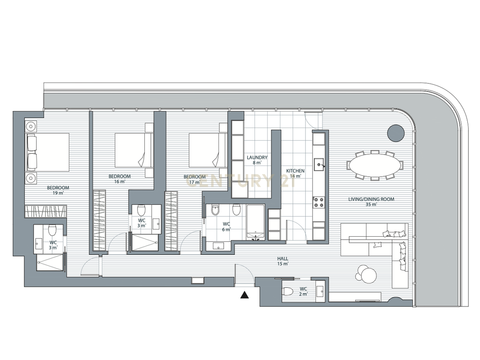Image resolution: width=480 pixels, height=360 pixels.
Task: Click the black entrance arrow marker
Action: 244,295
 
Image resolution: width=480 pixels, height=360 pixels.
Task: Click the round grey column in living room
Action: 396,133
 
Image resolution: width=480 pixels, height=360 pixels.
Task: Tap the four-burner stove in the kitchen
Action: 319,202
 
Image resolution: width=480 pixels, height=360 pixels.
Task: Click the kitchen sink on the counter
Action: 319,165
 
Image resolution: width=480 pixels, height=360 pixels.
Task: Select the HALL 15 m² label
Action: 283,261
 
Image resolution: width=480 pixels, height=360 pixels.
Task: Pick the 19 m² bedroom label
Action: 58,190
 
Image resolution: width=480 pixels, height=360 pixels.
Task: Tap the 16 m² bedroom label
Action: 120,179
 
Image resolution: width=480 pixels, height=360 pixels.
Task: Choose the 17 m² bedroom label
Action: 195,180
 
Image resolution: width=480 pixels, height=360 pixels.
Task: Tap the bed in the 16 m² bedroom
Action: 134,150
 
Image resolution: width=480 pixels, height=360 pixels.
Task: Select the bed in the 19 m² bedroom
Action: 48,152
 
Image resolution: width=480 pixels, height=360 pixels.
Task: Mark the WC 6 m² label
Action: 226,227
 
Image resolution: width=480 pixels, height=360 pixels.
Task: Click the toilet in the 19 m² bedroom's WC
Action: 52,230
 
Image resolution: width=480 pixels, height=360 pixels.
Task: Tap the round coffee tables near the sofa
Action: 366,273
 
